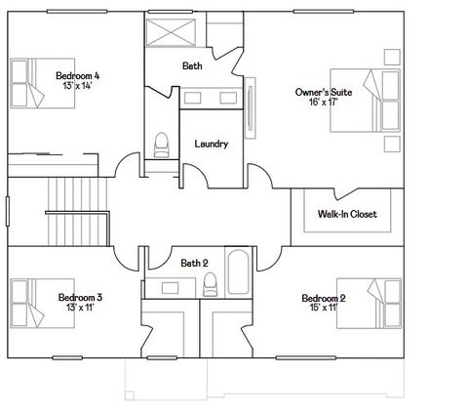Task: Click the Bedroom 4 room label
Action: (77, 75)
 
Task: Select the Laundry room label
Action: (211, 145)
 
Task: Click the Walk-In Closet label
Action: (346, 214)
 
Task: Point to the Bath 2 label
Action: (194, 262)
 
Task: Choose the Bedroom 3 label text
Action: (80, 297)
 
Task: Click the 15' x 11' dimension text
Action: (324, 308)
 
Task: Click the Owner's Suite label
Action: (318, 92)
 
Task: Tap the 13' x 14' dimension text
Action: (77, 86)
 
